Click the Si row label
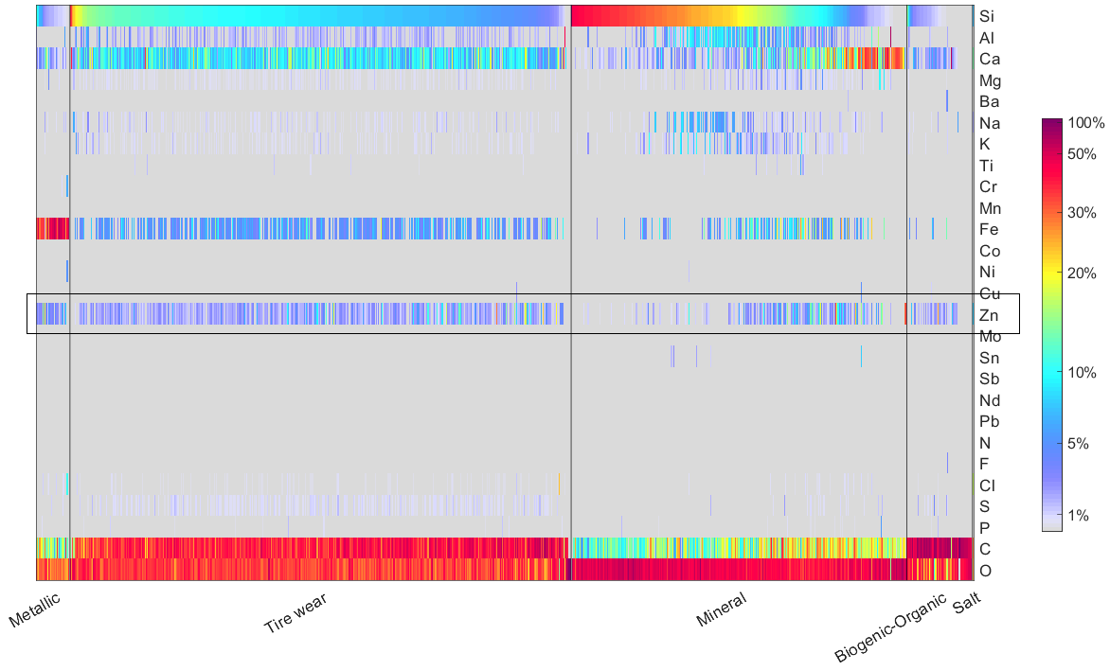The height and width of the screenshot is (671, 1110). point(987,16)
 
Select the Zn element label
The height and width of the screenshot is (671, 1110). point(988,315)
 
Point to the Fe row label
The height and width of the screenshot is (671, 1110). point(988,230)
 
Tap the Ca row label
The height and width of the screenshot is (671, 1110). point(989,59)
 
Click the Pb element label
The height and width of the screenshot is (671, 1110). point(989,422)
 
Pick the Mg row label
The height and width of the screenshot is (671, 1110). point(990,80)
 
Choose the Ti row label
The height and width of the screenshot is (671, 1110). point(986,166)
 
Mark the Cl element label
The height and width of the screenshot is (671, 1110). point(987,486)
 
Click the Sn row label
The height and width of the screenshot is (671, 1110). point(989,358)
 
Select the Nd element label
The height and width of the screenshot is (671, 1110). point(989,400)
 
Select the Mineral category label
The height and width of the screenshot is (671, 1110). point(721,611)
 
